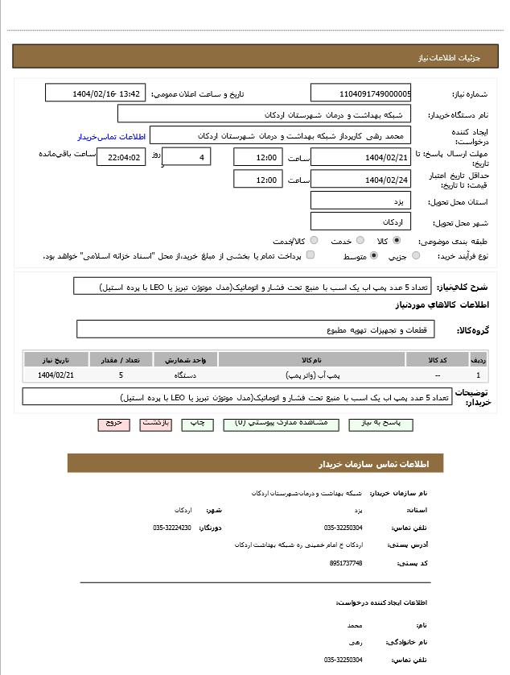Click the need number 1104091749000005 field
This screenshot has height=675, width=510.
(x=360, y=93)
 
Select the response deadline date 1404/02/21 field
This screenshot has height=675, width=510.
(x=360, y=158)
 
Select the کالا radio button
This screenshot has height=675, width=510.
(x=397, y=241)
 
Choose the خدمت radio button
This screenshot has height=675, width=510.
(x=360, y=241)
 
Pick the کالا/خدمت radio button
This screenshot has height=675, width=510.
(x=314, y=241)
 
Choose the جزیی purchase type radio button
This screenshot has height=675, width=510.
(x=415, y=256)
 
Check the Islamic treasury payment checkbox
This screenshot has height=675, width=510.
(x=311, y=256)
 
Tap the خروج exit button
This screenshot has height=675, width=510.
(x=113, y=423)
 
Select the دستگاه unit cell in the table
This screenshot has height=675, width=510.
(x=185, y=375)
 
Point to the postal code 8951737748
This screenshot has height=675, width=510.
(x=346, y=563)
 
